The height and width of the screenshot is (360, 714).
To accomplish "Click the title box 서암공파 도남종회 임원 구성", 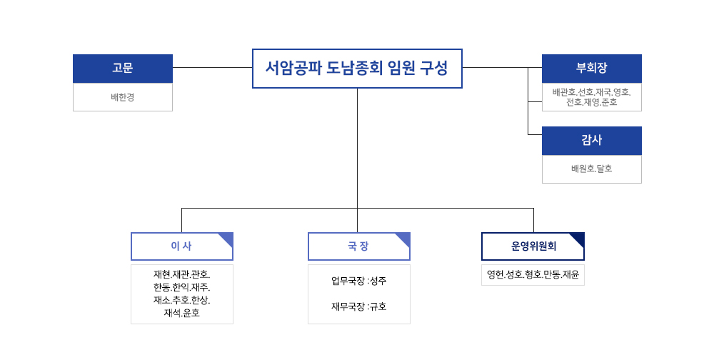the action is coord(357,69).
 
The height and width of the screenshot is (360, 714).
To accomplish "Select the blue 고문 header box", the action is coord(123,69).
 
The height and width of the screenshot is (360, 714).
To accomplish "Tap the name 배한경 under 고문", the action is coord(123,97).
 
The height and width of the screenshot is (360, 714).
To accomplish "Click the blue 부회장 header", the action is coord(591,69).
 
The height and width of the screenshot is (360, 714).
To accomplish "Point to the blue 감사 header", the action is coord(591,140).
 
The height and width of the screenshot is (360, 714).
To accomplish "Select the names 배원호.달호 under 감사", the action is coord(591,169).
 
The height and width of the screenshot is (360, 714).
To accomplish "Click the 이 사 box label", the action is coord(181,246).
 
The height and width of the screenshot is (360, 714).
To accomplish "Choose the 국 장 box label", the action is coord(358,246).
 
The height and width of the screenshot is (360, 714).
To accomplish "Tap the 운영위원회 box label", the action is coord(533,246).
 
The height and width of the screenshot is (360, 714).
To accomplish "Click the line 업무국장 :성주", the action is coord(359,281).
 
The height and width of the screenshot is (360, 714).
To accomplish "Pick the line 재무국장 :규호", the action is coord(359,306).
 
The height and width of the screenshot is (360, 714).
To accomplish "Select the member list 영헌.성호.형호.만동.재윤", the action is coord(533,275).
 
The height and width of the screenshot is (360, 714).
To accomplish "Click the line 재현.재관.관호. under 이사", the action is coord(181,275).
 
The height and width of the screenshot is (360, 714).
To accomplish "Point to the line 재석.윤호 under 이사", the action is coord(181,313).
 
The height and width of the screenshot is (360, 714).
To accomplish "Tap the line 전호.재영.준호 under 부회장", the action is coord(591,103).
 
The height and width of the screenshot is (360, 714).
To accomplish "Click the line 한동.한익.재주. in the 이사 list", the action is coord(181,288).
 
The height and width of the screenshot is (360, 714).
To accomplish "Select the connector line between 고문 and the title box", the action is coord(213,67).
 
